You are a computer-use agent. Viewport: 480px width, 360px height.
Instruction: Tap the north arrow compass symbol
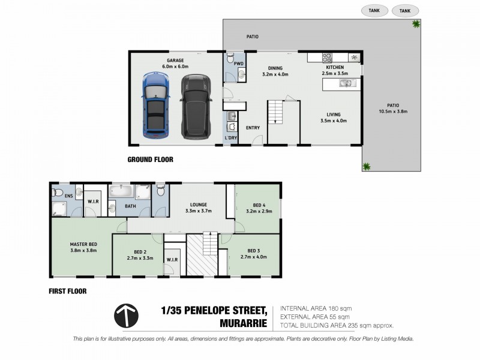(126, 315)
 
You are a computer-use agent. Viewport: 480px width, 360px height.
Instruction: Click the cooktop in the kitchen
(328, 58)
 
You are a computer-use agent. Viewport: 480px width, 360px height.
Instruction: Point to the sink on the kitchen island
(346, 84)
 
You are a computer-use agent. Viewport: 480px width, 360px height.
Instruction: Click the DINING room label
(275, 68)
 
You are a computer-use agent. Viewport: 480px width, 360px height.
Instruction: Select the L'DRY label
(231, 139)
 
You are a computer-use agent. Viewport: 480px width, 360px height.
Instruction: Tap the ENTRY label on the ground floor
(253, 127)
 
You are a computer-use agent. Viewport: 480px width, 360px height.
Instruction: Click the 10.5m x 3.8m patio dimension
(393, 112)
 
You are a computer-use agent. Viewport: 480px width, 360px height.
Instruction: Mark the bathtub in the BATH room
(121, 191)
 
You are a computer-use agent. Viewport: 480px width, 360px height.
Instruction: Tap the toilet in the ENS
(57, 193)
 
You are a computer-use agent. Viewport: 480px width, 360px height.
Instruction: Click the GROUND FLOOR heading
(151, 160)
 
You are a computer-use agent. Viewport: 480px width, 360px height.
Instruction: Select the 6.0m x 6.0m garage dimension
(175, 67)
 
